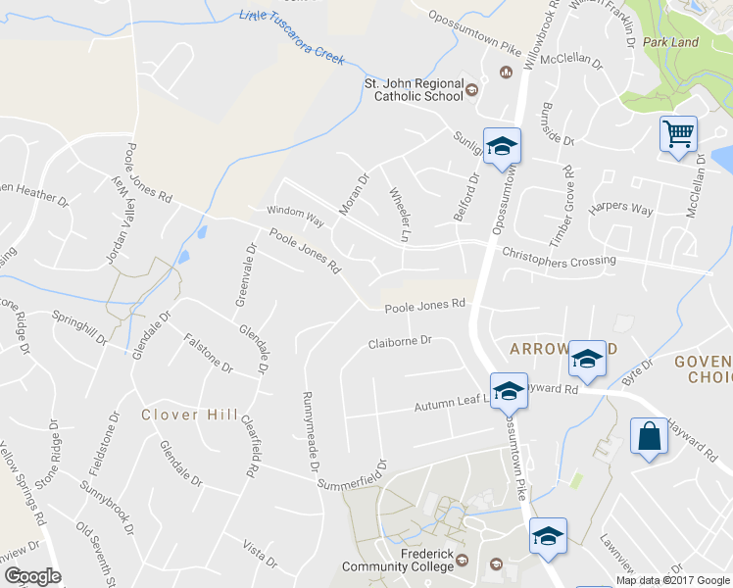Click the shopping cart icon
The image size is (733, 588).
click(x=678, y=133)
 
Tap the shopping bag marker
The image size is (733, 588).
click(x=651, y=436)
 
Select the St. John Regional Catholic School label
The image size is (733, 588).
click(x=412, y=90)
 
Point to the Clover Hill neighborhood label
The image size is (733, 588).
click(x=189, y=415)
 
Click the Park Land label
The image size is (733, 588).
click(x=670, y=43)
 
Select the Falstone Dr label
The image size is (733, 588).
click(x=208, y=353)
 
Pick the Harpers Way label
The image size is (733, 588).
click(x=620, y=210)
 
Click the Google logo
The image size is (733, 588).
click(x=32, y=576)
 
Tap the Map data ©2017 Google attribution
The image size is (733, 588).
click(x=671, y=580)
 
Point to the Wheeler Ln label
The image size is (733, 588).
click(x=398, y=215)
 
